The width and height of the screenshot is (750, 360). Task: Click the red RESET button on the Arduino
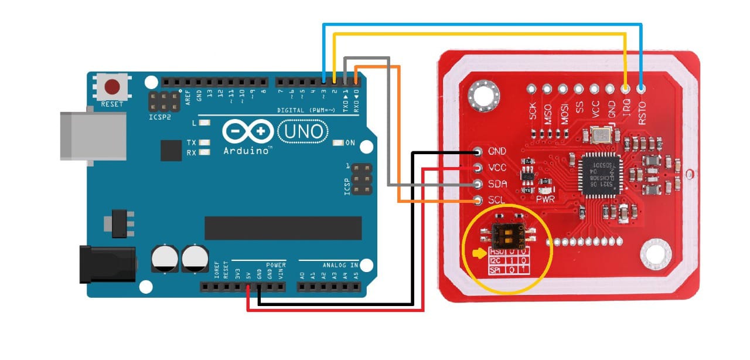(x=112, y=88)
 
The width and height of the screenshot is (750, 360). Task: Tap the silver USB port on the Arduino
(x=93, y=135)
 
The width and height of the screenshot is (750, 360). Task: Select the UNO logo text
(x=302, y=132)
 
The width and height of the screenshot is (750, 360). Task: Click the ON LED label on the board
(x=350, y=143)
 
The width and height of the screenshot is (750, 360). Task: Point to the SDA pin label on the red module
(x=497, y=184)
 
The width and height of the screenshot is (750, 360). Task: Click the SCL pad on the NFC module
(x=478, y=201)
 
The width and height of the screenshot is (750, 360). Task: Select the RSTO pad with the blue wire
(x=642, y=90)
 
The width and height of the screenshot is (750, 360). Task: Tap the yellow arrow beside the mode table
(x=479, y=254)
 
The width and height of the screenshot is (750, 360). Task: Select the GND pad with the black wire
(x=478, y=151)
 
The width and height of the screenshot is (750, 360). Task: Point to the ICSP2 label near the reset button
(x=159, y=117)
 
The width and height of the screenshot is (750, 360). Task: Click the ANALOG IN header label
(x=337, y=264)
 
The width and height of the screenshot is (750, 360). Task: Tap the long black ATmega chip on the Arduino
(x=282, y=227)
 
